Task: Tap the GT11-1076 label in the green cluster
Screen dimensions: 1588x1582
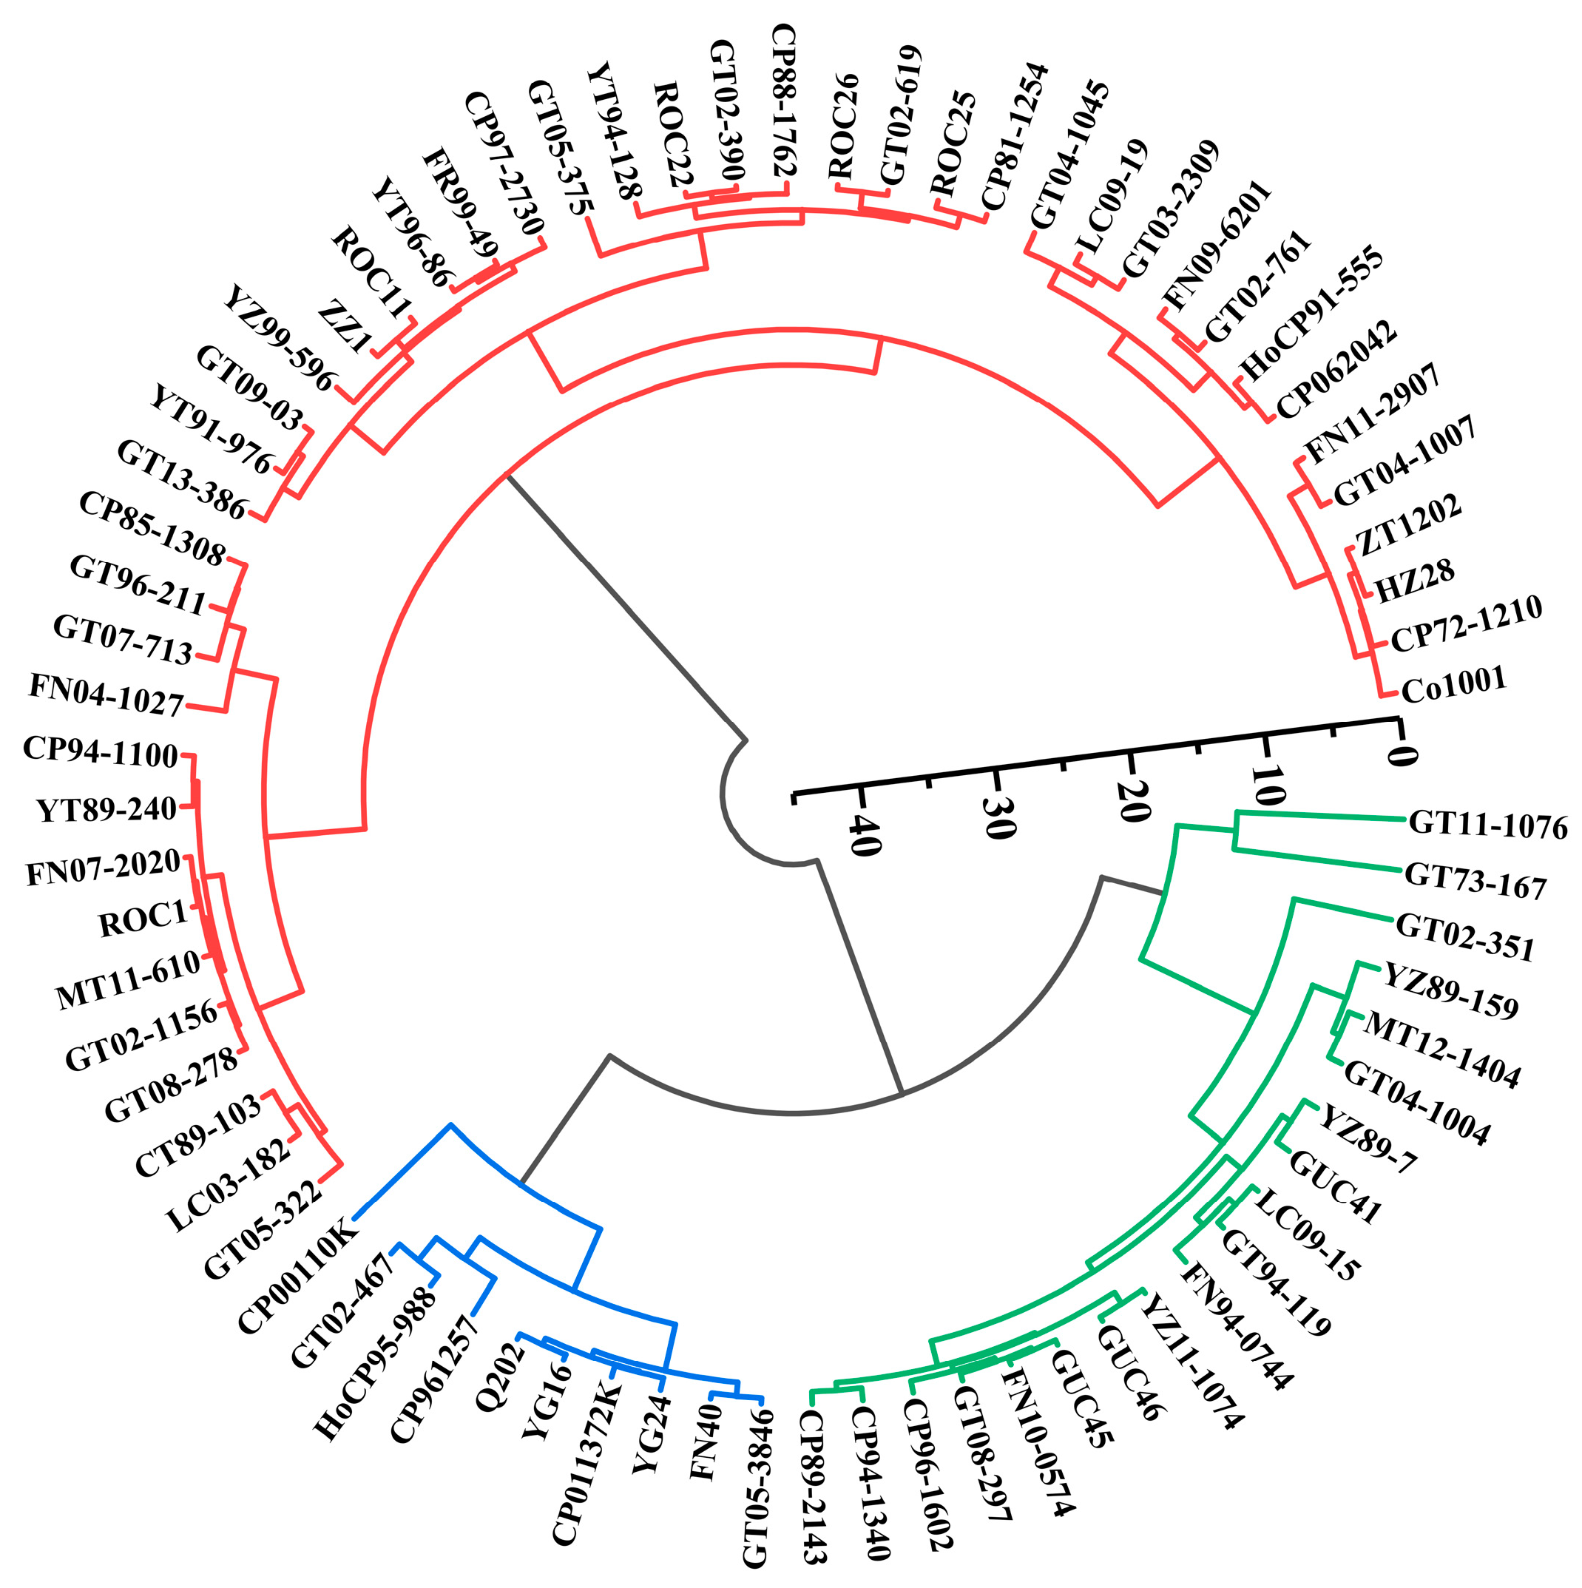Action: [x=1487, y=825]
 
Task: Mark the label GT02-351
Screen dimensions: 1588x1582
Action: [x=1465, y=938]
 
